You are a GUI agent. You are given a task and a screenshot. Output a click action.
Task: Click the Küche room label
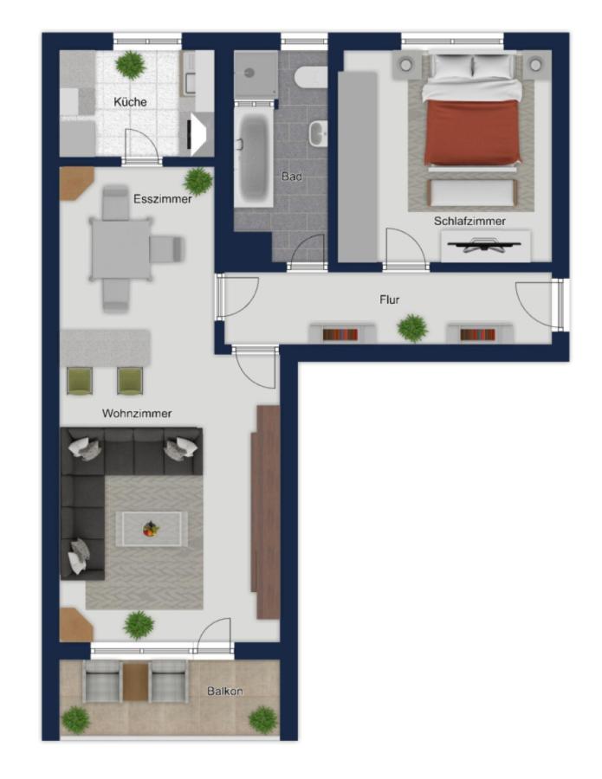(x=130, y=102)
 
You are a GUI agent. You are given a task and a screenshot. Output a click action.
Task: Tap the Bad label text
(x=292, y=177)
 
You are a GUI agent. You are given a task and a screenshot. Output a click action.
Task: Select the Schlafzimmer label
(x=469, y=221)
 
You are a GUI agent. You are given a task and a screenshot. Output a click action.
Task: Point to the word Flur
(x=390, y=299)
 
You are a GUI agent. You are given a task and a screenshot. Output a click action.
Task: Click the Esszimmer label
(x=163, y=199)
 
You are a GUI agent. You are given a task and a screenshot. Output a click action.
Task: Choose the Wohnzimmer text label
(x=137, y=414)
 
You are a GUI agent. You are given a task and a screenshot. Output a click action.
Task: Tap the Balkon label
(x=225, y=691)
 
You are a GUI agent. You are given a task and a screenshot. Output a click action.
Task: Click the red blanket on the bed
(x=472, y=132)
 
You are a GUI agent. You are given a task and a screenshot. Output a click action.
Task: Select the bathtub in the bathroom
(x=254, y=158)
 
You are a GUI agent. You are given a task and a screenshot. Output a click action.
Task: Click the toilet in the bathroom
(x=311, y=78)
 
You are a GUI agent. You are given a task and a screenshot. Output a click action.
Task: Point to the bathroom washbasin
(x=318, y=133)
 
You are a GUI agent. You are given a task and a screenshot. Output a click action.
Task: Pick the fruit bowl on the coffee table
(x=151, y=529)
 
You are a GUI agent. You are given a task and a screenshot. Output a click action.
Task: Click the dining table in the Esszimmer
(x=120, y=249)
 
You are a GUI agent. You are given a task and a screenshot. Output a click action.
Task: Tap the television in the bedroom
(x=483, y=245)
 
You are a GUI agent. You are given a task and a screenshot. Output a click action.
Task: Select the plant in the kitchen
(x=131, y=65)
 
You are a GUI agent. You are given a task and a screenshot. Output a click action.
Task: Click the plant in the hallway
(x=412, y=328)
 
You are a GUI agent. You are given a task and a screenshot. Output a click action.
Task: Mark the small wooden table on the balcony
(x=136, y=681)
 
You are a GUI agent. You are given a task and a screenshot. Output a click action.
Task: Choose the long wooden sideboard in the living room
(x=266, y=512)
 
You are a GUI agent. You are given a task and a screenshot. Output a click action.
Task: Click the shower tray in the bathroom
(x=256, y=74)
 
